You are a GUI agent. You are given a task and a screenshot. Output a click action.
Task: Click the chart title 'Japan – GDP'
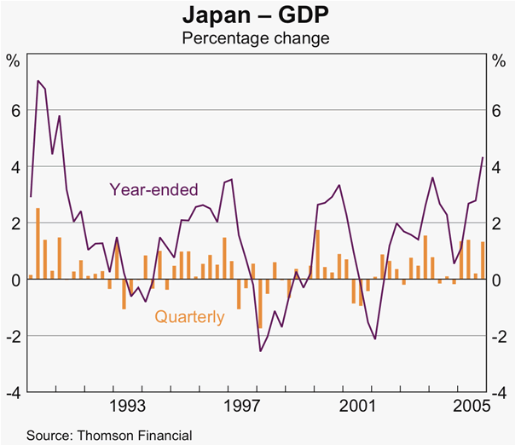257,15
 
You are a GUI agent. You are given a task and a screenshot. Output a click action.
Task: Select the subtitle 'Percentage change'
257,38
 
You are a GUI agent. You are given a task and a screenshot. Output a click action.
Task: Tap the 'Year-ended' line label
153,189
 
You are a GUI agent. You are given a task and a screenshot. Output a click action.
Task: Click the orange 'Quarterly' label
189,317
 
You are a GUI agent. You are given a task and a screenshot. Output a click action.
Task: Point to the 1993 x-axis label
130,405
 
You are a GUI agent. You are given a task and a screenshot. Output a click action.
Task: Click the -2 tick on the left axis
13,336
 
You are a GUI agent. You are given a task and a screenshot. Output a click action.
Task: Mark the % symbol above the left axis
14,61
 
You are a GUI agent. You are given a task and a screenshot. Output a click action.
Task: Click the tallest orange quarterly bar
38,244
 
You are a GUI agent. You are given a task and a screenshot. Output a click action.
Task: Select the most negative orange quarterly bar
260,303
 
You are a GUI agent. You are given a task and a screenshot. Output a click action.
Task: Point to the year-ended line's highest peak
38,81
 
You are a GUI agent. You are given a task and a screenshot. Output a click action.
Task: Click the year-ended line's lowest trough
260,350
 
